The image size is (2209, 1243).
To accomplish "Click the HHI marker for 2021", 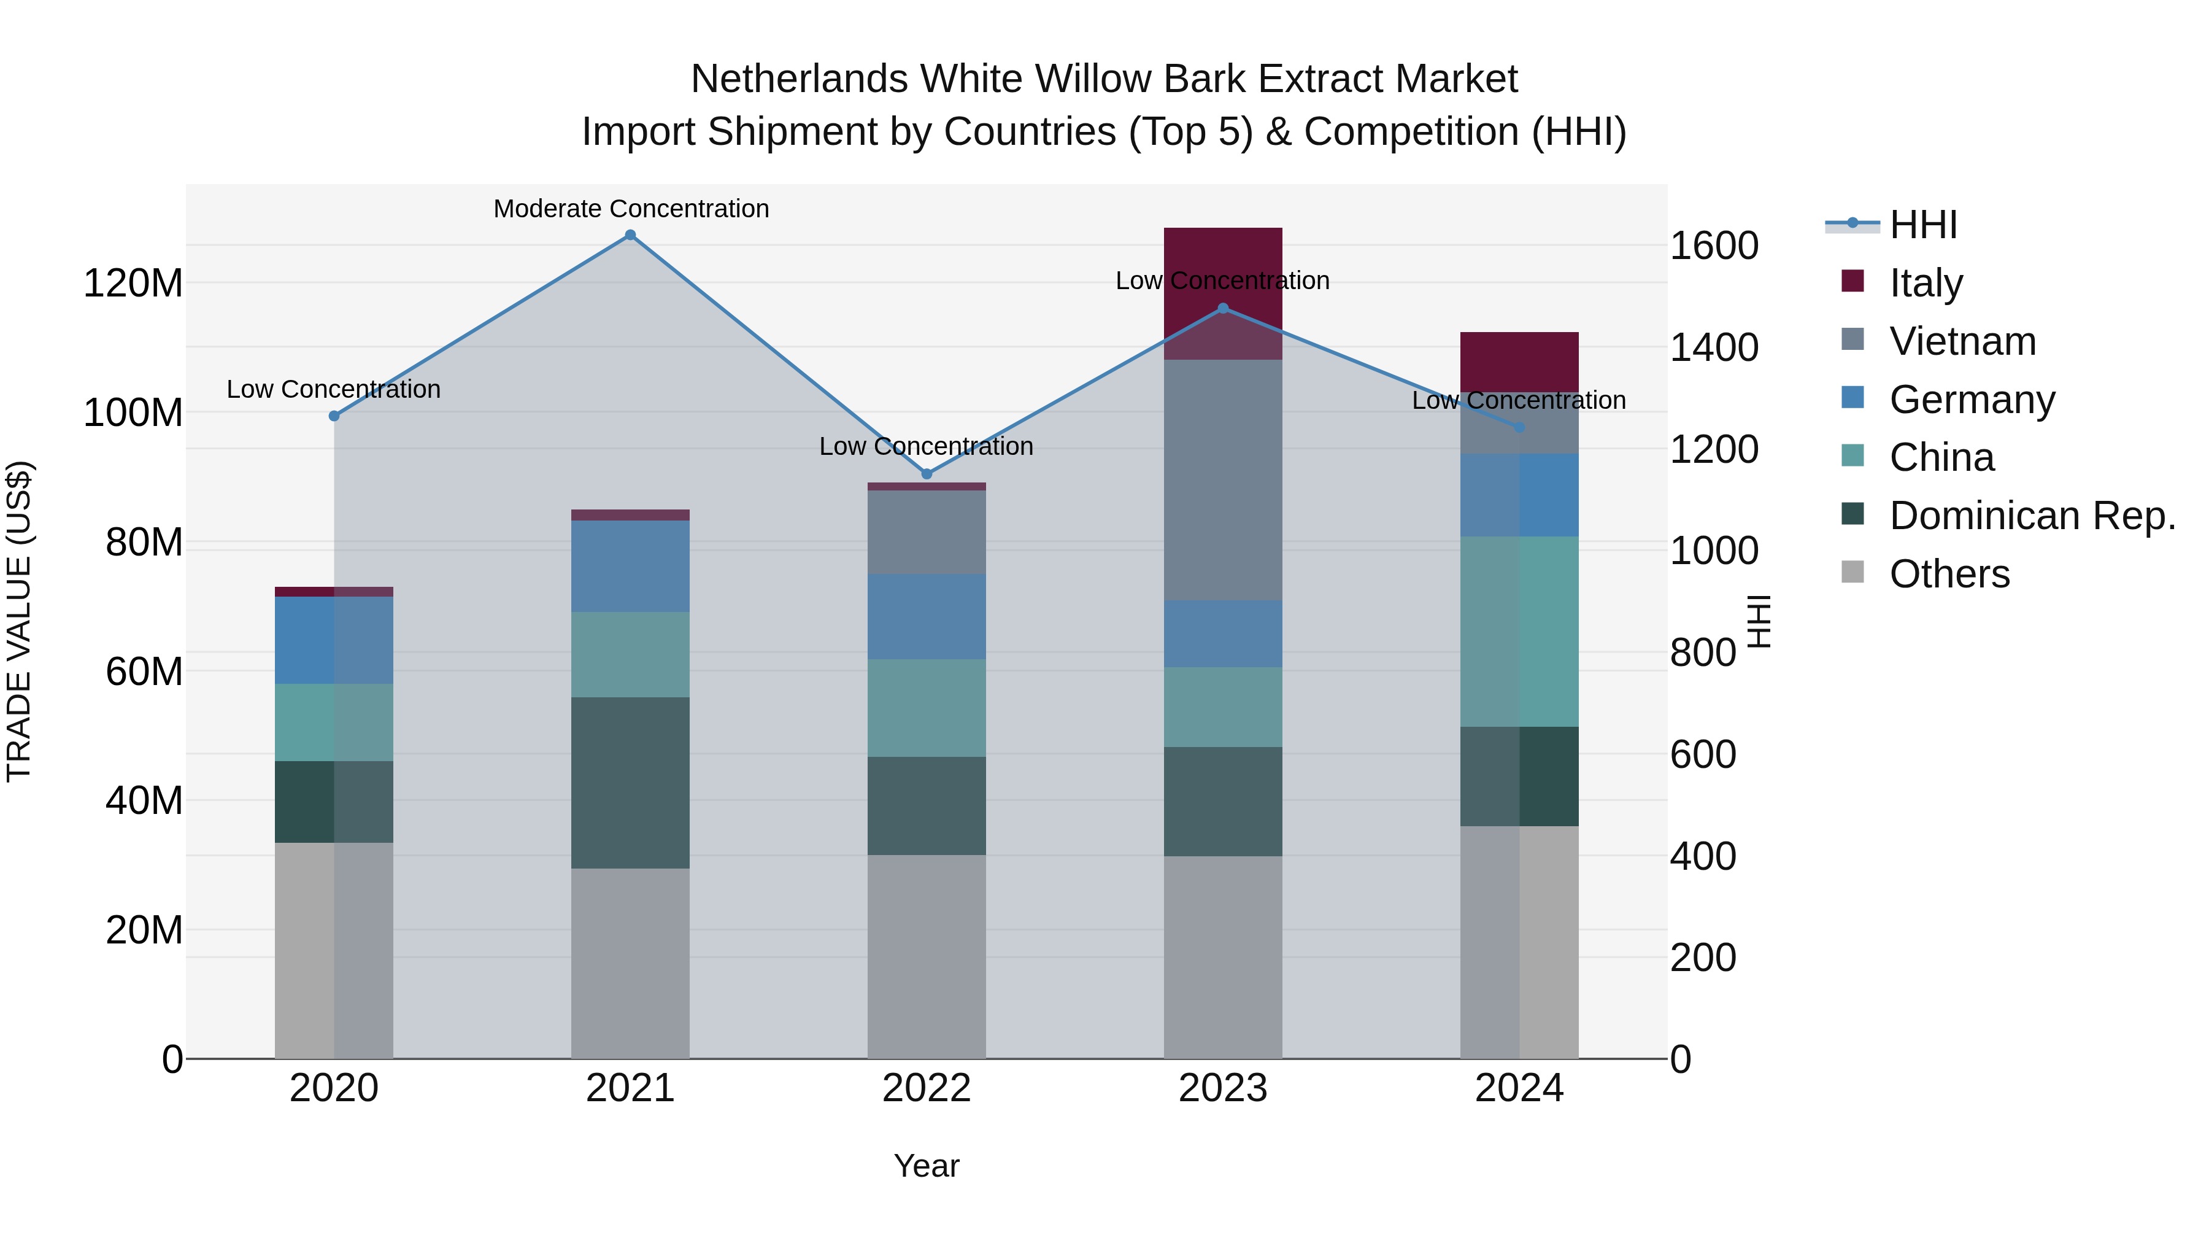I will tap(630, 235).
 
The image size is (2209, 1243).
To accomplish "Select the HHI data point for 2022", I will tap(926, 473).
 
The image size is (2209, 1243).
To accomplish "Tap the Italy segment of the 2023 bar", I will tap(1223, 257).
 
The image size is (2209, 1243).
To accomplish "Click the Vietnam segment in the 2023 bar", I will tap(1223, 481).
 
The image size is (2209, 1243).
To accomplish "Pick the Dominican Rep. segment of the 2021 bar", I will tap(630, 783).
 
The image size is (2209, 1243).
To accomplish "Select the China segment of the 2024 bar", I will tap(1519, 632).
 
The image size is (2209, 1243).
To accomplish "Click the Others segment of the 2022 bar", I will tap(926, 956).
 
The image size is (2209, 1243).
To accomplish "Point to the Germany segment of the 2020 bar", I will tap(334, 640).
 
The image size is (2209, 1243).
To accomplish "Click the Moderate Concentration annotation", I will tap(631, 209).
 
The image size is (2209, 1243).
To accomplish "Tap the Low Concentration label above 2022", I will tap(926, 446).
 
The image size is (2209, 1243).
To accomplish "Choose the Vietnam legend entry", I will tap(1962, 341).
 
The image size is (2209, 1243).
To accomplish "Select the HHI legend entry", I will tap(1924, 225).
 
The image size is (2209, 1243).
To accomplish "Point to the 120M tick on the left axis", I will tap(133, 282).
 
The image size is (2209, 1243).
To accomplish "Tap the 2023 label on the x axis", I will tap(1223, 1088).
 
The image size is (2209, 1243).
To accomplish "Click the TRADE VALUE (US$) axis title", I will tap(19, 621).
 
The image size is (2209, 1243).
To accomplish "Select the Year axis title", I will tap(926, 1166).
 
